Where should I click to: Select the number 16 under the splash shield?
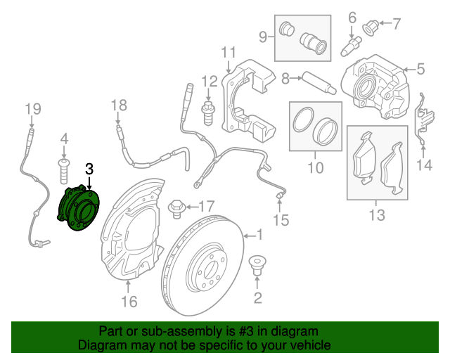click(129, 302)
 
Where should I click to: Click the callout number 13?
click(377, 215)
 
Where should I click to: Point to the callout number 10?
click(315, 168)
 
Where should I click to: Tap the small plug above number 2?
click(257, 267)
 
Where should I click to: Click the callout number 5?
click(420, 69)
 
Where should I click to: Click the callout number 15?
click(281, 221)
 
